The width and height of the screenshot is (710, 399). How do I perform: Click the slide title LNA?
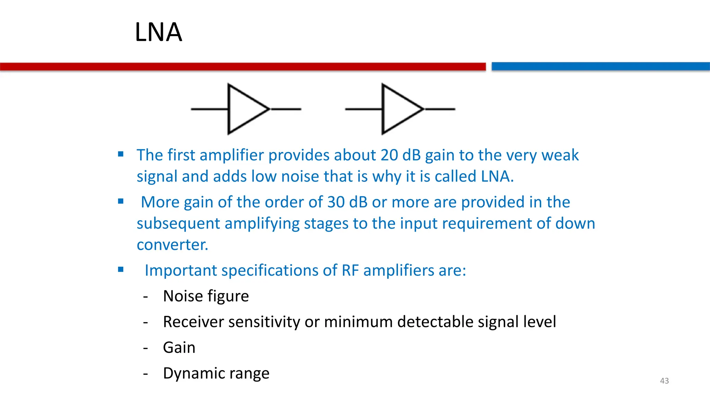pyautogui.click(x=158, y=32)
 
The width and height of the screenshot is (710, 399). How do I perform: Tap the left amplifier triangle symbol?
pyautogui.click(x=244, y=109)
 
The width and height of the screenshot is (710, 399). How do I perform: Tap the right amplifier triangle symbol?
pyautogui.click(x=399, y=109)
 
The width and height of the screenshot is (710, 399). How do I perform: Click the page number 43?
pyautogui.click(x=664, y=381)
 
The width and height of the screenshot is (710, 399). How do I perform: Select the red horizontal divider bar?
pyautogui.click(x=243, y=66)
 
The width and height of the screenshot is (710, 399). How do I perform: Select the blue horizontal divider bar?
pyautogui.click(x=600, y=66)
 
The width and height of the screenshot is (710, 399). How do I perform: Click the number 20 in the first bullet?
pyautogui.click(x=389, y=155)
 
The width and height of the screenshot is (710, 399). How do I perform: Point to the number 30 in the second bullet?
pyautogui.click(x=336, y=202)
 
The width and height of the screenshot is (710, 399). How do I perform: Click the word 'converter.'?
pyautogui.click(x=172, y=245)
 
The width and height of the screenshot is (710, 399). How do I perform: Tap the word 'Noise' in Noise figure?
pyautogui.click(x=183, y=296)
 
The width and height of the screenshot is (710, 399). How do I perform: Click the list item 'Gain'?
pyautogui.click(x=179, y=347)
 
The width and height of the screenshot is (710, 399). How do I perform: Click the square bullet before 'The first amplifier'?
pyautogui.click(x=121, y=154)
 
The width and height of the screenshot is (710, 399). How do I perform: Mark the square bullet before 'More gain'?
pyautogui.click(x=121, y=201)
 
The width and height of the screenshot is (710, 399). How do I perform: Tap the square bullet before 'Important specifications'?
pyautogui.click(x=121, y=269)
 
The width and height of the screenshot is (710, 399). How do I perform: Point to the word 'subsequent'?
pyautogui.click(x=178, y=224)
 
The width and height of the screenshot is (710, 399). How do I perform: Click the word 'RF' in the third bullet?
pyautogui.click(x=350, y=271)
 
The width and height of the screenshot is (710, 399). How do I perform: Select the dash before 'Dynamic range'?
pyautogui.click(x=146, y=374)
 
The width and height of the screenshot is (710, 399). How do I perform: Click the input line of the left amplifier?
pyautogui.click(x=209, y=109)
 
